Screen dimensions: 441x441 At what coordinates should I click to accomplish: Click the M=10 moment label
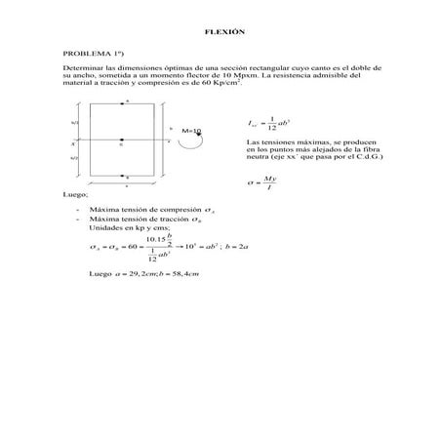point(191,130)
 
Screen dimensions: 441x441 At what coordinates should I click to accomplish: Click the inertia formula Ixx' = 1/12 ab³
point(271,124)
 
